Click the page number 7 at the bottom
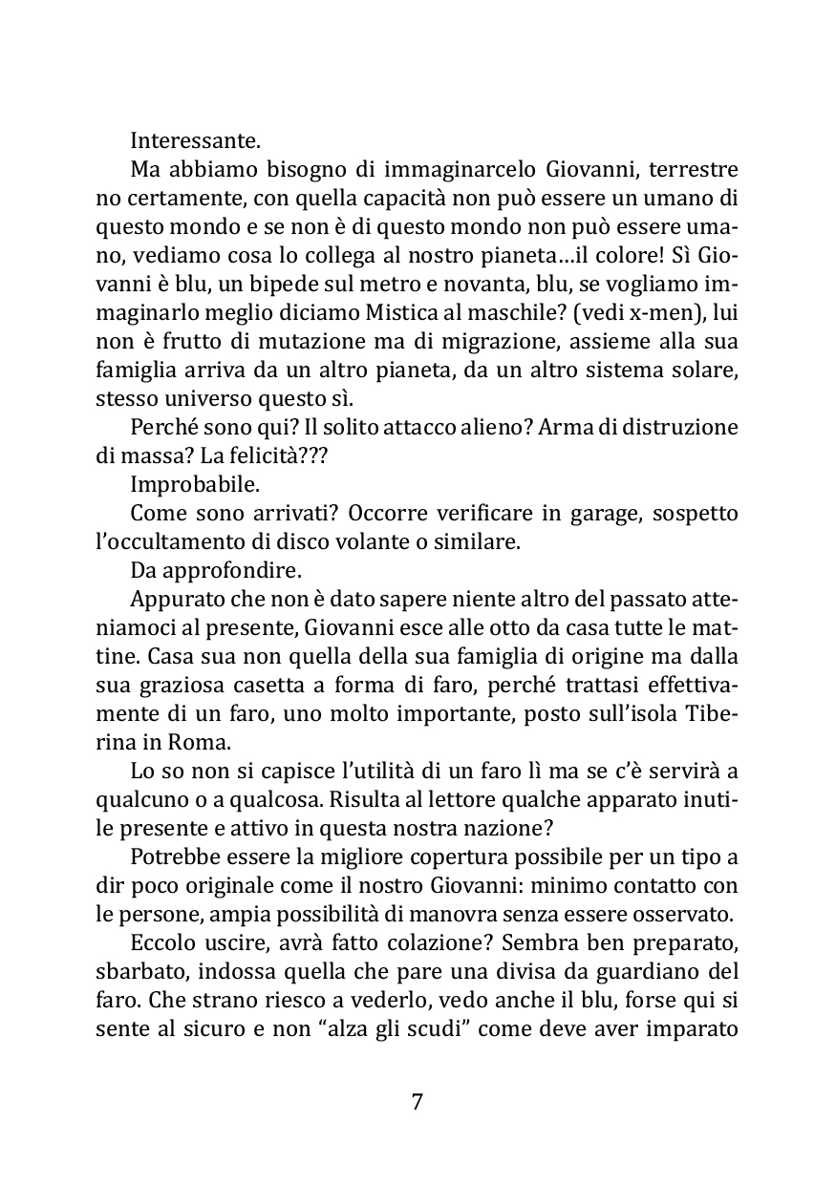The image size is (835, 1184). point(417,1102)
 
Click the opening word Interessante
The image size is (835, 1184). point(195,141)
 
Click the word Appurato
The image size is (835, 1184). point(176,601)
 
